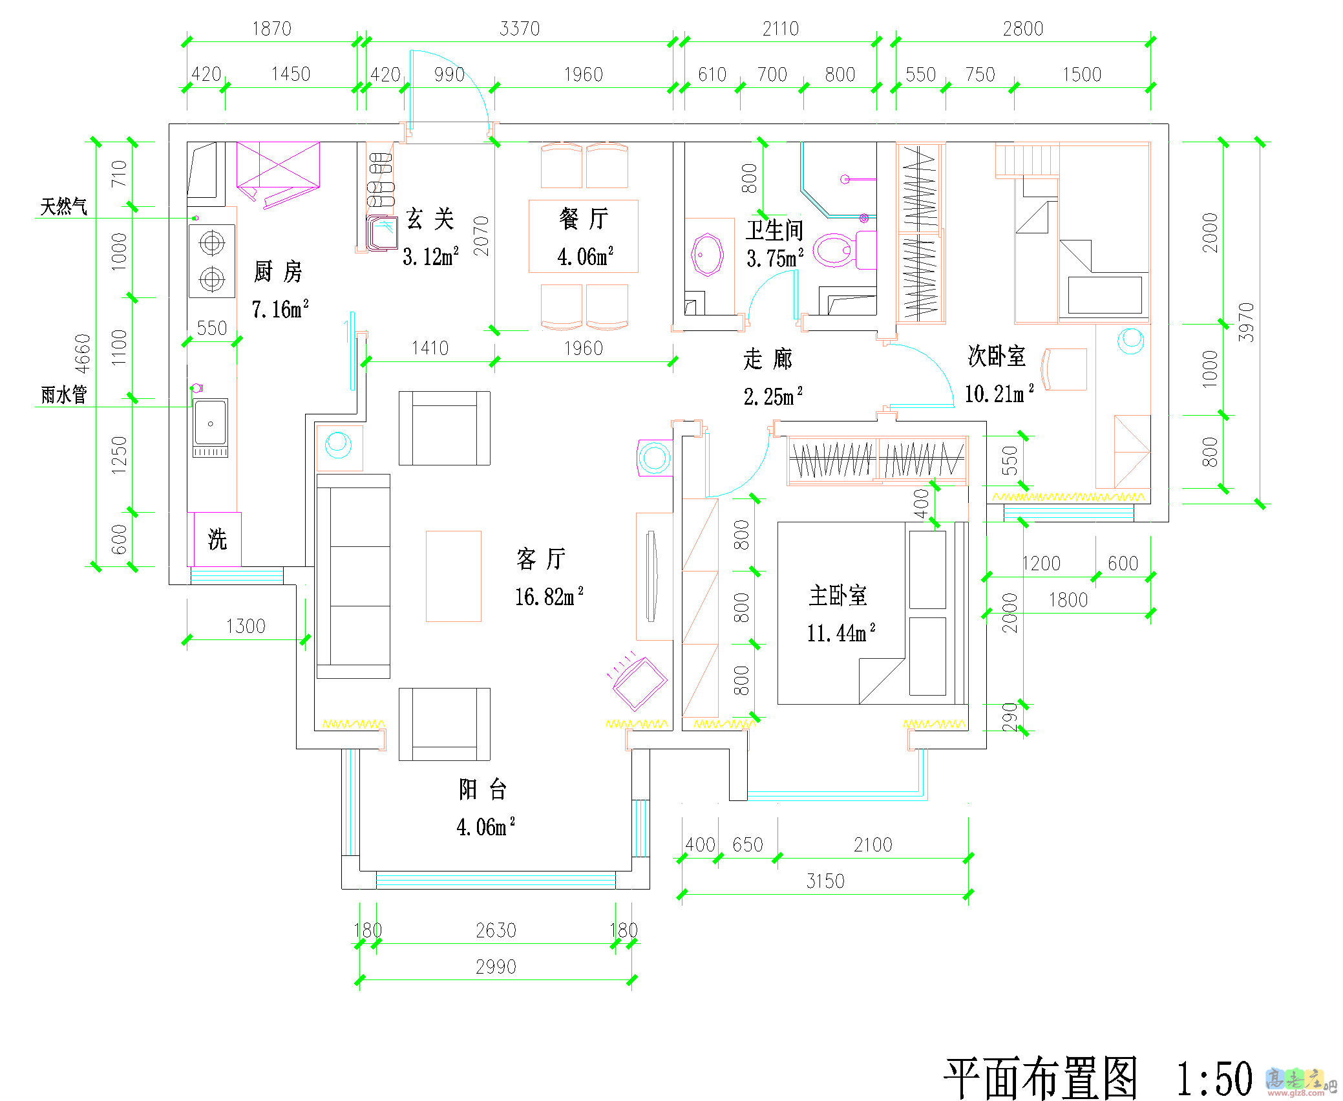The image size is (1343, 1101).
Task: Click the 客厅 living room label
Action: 541,559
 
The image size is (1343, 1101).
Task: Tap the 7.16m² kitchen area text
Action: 280,310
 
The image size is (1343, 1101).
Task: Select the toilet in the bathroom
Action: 834,250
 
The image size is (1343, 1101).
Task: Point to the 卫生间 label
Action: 774,230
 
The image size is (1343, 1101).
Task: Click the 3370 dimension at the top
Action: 519,28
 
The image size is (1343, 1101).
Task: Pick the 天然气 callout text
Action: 63,207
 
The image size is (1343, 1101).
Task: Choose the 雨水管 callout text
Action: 63,394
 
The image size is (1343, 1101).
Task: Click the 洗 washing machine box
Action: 217,539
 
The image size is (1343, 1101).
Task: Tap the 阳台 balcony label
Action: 482,789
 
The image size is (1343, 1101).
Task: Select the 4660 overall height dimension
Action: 83,353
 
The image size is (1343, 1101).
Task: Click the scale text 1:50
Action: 1214,1078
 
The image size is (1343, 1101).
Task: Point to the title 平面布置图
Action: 1041,1078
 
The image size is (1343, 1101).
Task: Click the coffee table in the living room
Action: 453,576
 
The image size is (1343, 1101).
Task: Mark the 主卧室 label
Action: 838,595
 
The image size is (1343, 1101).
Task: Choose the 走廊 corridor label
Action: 767,359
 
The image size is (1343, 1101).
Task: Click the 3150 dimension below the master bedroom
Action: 825,881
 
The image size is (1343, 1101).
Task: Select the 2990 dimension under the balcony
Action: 496,967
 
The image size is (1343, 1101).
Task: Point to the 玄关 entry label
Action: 430,219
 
